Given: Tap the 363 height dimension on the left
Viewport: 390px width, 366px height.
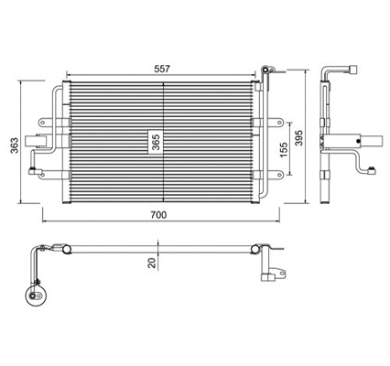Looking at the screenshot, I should coord(13,142).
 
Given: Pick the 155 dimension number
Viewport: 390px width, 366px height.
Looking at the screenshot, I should coord(285,152).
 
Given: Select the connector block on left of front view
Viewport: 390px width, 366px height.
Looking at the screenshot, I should coord(38,142).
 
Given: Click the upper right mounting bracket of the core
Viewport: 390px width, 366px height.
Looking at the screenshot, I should coord(263,121).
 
